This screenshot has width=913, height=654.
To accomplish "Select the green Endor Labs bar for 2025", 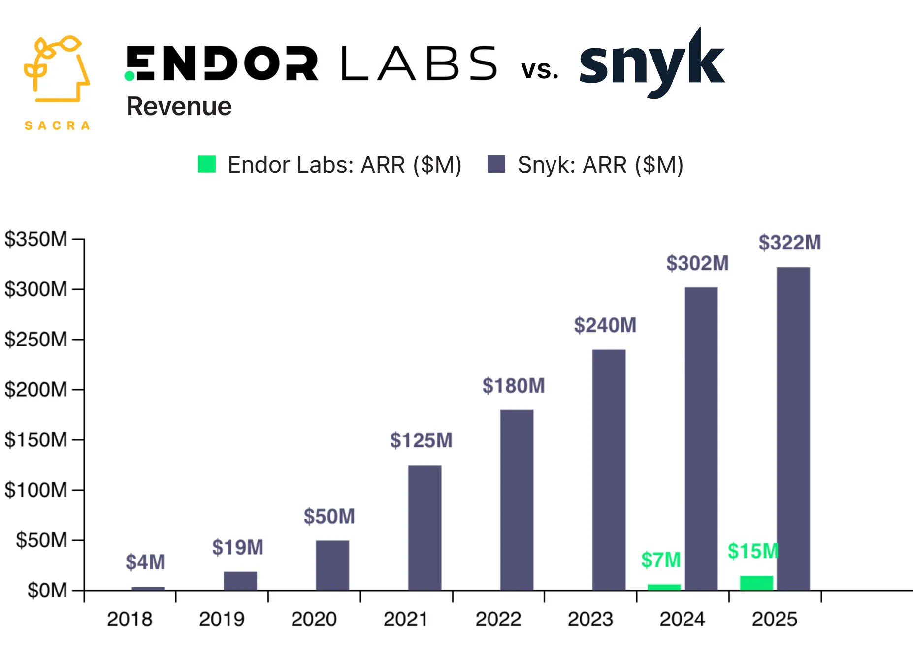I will point(756,583).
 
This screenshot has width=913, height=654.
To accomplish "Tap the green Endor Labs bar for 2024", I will point(664,587).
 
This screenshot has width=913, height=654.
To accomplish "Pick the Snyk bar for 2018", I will point(148,588).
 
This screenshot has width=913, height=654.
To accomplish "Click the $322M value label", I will point(789,243).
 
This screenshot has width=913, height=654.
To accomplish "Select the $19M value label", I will point(237,547).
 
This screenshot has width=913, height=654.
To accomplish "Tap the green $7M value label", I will point(660,560).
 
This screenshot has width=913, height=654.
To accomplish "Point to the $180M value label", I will point(513,386).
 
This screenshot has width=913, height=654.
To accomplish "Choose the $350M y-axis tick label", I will point(35,239).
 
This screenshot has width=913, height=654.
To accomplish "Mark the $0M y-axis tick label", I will point(47,590).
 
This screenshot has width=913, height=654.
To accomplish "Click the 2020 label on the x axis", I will point(314,619).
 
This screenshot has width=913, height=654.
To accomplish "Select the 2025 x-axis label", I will point(774,619).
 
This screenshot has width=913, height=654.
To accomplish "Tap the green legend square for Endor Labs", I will point(207,164).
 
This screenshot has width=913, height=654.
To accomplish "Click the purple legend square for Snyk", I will point(496,164).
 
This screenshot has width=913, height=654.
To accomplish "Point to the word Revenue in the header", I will point(179,106).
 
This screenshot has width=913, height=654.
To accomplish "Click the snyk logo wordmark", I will point(652,64).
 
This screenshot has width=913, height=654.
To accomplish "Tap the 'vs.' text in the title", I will point(540,70).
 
